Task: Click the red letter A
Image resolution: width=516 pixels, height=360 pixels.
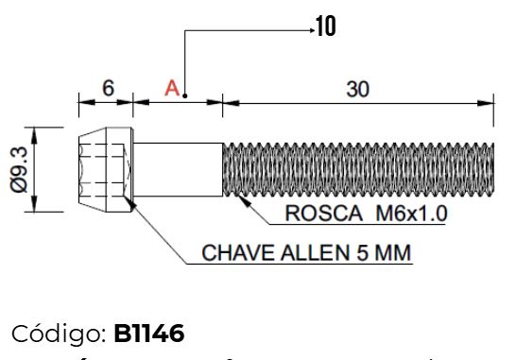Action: pyautogui.click(x=172, y=88)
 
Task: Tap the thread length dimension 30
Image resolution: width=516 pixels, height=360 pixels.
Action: pyautogui.click(x=356, y=89)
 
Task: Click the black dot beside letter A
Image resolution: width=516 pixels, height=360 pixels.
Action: pyautogui.click(x=186, y=95)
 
